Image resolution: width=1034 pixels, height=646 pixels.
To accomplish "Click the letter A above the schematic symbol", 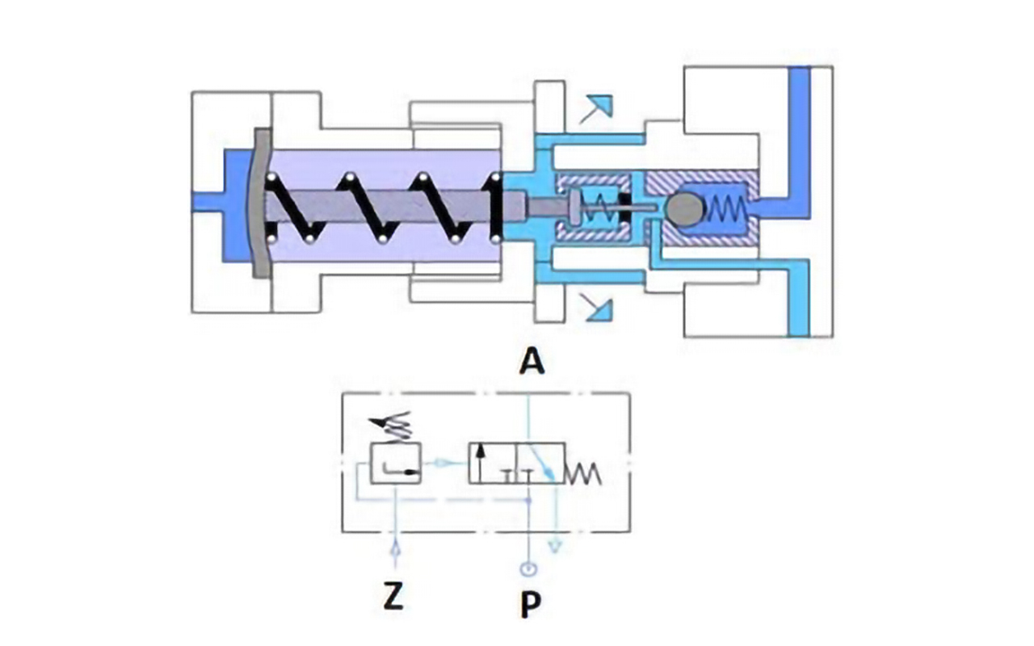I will point(531,363).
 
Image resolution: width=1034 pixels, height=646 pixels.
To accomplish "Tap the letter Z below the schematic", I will point(393,598).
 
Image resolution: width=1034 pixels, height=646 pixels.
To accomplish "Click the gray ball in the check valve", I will point(685,208).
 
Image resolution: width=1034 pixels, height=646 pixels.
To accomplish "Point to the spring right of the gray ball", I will point(728,210).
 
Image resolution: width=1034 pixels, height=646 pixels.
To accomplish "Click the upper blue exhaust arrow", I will point(599,107).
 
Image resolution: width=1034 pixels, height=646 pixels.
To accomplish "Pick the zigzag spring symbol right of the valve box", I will point(584,474).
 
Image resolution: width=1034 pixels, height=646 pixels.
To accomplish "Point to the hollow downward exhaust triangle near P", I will point(555,547).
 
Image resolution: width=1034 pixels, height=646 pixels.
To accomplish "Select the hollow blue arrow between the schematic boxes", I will point(442,463).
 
